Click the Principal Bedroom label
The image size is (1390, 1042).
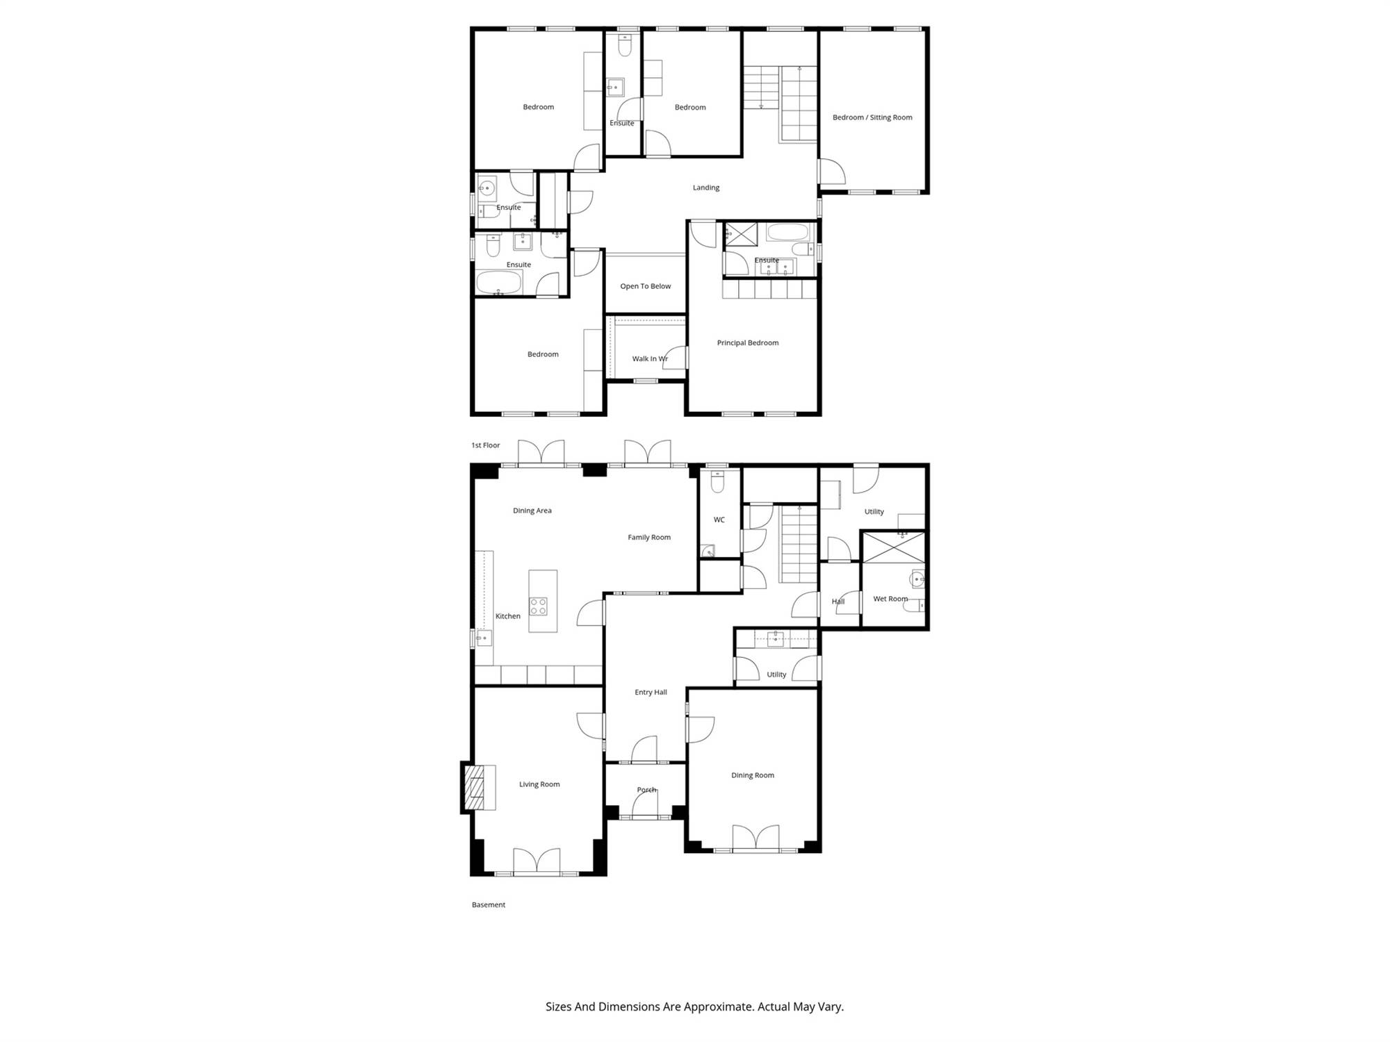tap(748, 342)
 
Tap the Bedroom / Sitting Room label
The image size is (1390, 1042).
tap(872, 117)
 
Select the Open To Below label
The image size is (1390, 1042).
tap(646, 286)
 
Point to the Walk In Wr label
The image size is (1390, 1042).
tap(650, 358)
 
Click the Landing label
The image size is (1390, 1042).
tap(706, 188)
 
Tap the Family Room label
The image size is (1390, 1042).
tap(649, 537)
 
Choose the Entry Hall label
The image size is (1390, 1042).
tap(651, 692)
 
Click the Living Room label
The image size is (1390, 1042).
tap(539, 784)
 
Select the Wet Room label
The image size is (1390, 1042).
tap(890, 599)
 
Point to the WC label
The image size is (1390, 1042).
tap(719, 520)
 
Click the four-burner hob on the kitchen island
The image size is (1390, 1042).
tap(538, 606)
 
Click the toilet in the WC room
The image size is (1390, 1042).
tap(718, 481)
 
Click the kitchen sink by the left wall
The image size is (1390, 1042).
tap(484, 638)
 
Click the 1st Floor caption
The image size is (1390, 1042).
tap(486, 445)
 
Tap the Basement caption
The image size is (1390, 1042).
tap(489, 904)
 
